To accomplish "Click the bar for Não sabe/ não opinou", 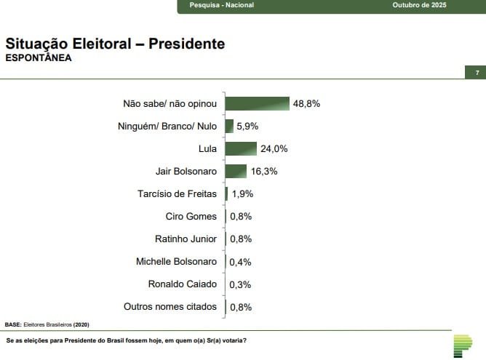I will point(258,103).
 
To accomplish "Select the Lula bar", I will point(241,148).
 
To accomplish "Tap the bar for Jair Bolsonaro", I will point(236,172).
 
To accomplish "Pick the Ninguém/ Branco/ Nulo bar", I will point(229,126).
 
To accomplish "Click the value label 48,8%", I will point(306,103).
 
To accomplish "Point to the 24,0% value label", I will point(274,148).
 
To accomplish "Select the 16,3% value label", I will point(263,172).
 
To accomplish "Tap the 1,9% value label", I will point(242,194).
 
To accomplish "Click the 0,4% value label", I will point(241,262).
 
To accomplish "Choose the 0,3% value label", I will point(241,284).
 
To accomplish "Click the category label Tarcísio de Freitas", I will point(177,194).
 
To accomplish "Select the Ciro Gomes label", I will point(191,217).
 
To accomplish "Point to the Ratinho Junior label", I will point(186,239).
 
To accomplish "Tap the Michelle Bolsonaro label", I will point(176,262).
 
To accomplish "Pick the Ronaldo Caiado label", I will point(182,284).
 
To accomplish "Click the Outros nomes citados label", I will point(170,307).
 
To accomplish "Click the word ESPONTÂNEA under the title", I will point(39,58).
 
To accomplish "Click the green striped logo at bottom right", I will point(462,346).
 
